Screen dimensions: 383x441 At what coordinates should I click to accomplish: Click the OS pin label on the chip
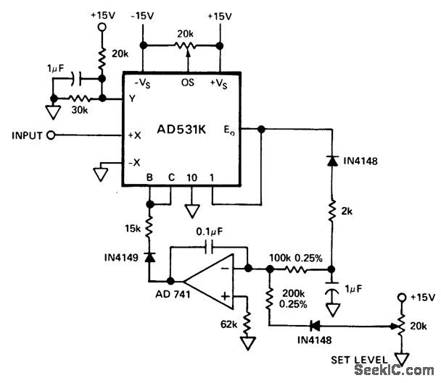coord(186,82)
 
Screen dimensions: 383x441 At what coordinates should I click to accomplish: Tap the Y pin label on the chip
coord(133,99)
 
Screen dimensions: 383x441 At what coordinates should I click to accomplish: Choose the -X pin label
coord(133,161)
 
